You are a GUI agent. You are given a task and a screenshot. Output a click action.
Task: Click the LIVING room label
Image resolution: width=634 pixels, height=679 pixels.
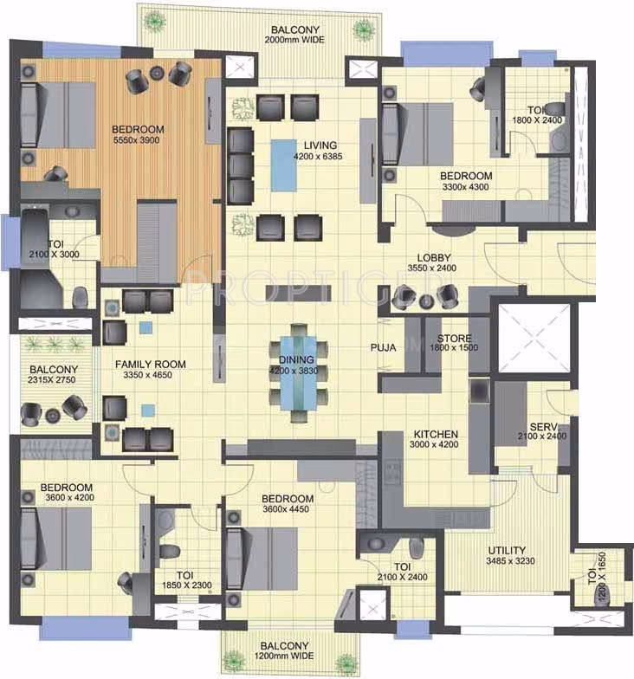click(x=320, y=145)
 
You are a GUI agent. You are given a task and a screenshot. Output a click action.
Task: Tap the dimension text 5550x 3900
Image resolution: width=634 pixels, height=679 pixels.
click(x=137, y=140)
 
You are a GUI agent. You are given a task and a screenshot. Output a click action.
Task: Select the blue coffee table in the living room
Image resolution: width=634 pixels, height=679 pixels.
click(x=284, y=165)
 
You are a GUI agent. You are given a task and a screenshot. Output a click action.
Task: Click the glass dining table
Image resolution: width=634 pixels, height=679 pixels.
click(x=298, y=372)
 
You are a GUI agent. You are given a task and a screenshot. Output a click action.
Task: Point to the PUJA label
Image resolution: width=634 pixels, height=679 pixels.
click(x=383, y=347)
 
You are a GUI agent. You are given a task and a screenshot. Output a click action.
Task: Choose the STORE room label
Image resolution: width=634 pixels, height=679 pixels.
click(x=454, y=338)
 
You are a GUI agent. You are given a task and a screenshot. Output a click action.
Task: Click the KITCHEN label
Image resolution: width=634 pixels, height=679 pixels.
click(x=436, y=434)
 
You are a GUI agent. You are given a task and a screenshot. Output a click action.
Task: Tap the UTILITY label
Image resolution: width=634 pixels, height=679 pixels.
click(x=507, y=550)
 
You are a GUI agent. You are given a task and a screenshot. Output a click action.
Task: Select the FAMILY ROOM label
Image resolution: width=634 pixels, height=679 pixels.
click(x=151, y=364)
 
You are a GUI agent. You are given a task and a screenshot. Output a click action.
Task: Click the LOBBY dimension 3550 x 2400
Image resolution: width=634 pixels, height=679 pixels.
click(x=431, y=268)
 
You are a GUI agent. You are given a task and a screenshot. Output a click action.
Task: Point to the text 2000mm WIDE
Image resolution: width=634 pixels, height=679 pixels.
click(x=294, y=40)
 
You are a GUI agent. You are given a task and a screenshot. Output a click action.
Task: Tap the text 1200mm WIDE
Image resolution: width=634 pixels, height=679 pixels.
click(x=284, y=656)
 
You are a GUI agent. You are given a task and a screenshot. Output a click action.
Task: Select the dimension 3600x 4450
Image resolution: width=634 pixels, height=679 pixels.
click(x=286, y=509)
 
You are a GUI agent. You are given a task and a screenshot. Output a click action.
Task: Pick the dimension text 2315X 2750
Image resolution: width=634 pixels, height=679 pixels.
click(x=52, y=379)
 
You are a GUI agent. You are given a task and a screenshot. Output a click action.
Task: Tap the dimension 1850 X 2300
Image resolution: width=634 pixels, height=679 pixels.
click(x=187, y=585)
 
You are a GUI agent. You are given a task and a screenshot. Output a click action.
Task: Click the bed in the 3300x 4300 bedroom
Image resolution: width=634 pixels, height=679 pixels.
click(x=417, y=133)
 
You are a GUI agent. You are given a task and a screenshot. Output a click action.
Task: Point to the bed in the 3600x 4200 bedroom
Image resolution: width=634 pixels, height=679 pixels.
click(x=55, y=539)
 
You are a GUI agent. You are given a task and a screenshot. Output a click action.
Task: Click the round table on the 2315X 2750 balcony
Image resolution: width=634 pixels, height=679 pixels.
click(x=53, y=416)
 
